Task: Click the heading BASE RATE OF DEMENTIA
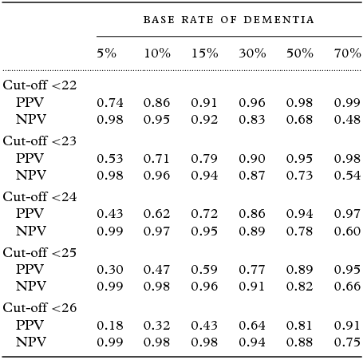pos(228,19)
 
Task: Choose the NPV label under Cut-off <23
pos(30,175)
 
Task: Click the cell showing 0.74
pos(109,103)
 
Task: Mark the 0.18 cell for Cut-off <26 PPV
pos(109,326)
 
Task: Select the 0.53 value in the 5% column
pos(109,160)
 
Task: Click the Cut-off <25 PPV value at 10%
pos(156,271)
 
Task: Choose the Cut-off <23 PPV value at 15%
pos(204,160)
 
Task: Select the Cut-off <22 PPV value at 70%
pos(347,103)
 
